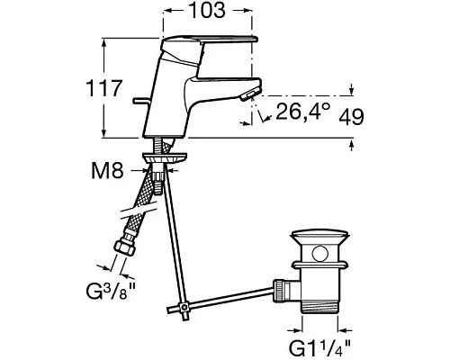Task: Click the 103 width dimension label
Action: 208,10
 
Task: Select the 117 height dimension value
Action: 103,88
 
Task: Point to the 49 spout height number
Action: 351,116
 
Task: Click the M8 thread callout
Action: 107,171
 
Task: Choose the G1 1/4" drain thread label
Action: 319,348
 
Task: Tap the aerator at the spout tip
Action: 249,95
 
